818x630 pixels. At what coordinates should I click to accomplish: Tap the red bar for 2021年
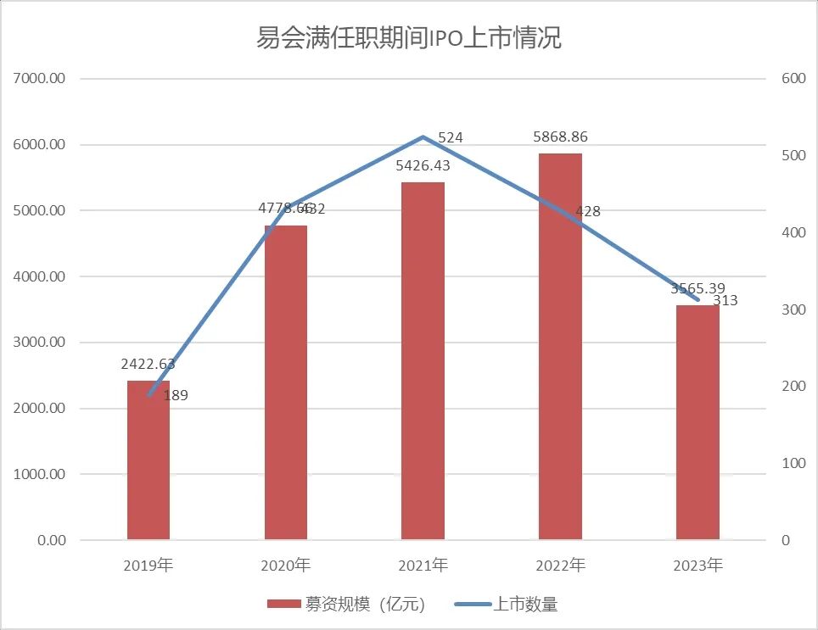point(423,361)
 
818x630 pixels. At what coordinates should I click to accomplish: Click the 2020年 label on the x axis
point(286,566)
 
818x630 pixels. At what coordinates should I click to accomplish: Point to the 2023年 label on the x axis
point(698,566)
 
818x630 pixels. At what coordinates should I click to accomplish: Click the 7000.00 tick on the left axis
point(41,79)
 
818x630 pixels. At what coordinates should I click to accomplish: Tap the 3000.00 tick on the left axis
point(41,343)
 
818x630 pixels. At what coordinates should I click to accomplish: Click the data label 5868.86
point(560,136)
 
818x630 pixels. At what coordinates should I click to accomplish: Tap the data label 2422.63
point(149,365)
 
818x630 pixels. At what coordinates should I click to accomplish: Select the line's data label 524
point(450,137)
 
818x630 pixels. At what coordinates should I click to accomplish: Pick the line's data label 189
point(175,395)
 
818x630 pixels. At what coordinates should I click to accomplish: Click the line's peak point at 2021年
point(423,137)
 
